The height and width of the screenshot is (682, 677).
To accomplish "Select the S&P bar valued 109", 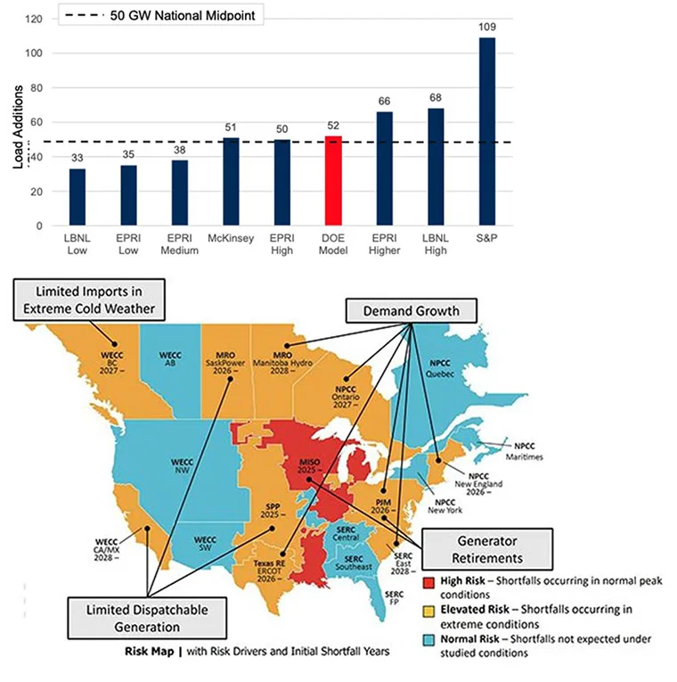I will coord(486,131).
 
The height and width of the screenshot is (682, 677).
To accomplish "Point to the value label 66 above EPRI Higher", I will coord(384,103).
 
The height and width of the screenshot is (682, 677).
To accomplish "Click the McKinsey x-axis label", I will coord(230,240).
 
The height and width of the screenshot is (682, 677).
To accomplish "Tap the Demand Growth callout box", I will coord(410,310).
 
